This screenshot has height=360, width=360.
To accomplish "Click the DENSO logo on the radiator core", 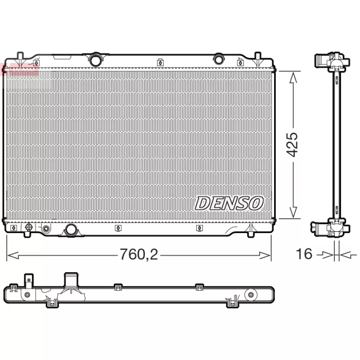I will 229,203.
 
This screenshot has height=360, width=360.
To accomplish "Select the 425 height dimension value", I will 293,144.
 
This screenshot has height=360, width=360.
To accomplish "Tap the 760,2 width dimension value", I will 139,255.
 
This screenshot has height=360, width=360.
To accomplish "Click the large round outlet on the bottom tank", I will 71,230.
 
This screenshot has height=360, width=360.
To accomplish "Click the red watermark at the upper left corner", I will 20,68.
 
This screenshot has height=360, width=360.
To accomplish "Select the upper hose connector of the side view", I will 322,60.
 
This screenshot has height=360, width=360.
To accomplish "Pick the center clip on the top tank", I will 159,63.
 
